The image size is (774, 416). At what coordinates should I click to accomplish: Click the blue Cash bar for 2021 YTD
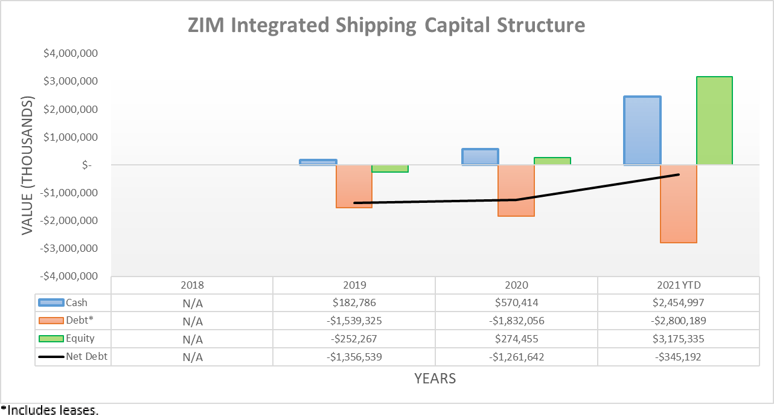click(x=642, y=130)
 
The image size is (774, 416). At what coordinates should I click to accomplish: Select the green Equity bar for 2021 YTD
click(x=714, y=121)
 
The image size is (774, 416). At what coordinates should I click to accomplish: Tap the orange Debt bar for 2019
click(x=354, y=186)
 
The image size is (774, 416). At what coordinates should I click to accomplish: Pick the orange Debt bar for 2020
click(x=516, y=190)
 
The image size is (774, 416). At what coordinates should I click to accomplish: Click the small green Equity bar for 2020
click(x=552, y=161)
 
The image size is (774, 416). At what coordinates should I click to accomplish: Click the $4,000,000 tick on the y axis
click(x=71, y=54)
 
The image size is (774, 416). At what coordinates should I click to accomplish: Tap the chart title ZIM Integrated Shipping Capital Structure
click(x=386, y=25)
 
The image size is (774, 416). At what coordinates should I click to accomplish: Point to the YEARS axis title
click(x=435, y=379)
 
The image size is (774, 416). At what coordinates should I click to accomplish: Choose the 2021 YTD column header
click(x=679, y=285)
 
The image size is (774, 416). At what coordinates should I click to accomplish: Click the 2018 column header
click(x=193, y=285)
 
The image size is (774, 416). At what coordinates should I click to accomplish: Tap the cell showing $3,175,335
click(x=679, y=339)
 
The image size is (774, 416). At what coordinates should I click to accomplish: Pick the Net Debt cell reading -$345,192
click(x=679, y=357)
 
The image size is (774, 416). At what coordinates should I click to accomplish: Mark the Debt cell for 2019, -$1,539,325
click(x=354, y=321)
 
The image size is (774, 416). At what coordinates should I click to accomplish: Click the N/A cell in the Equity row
click(x=193, y=339)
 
